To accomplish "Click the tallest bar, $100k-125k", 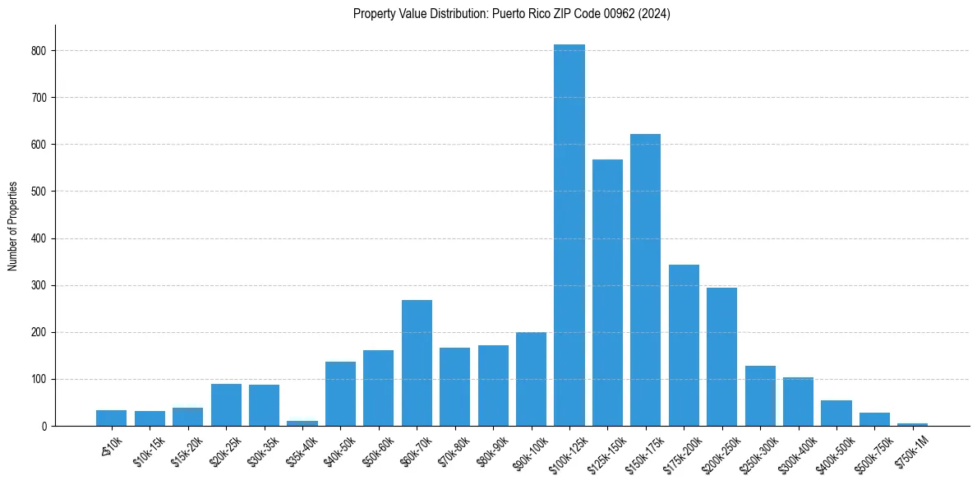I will [x=569, y=238].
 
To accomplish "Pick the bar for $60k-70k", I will [x=417, y=364].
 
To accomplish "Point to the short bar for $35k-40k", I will [x=302, y=423].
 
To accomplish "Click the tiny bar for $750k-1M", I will [x=912, y=424].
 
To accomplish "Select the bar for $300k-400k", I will [x=798, y=402].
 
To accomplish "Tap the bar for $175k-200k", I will [x=684, y=346].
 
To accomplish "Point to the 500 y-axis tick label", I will [x=42, y=192].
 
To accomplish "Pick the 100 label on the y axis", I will [x=42, y=380].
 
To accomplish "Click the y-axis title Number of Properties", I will [x=13, y=226].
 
